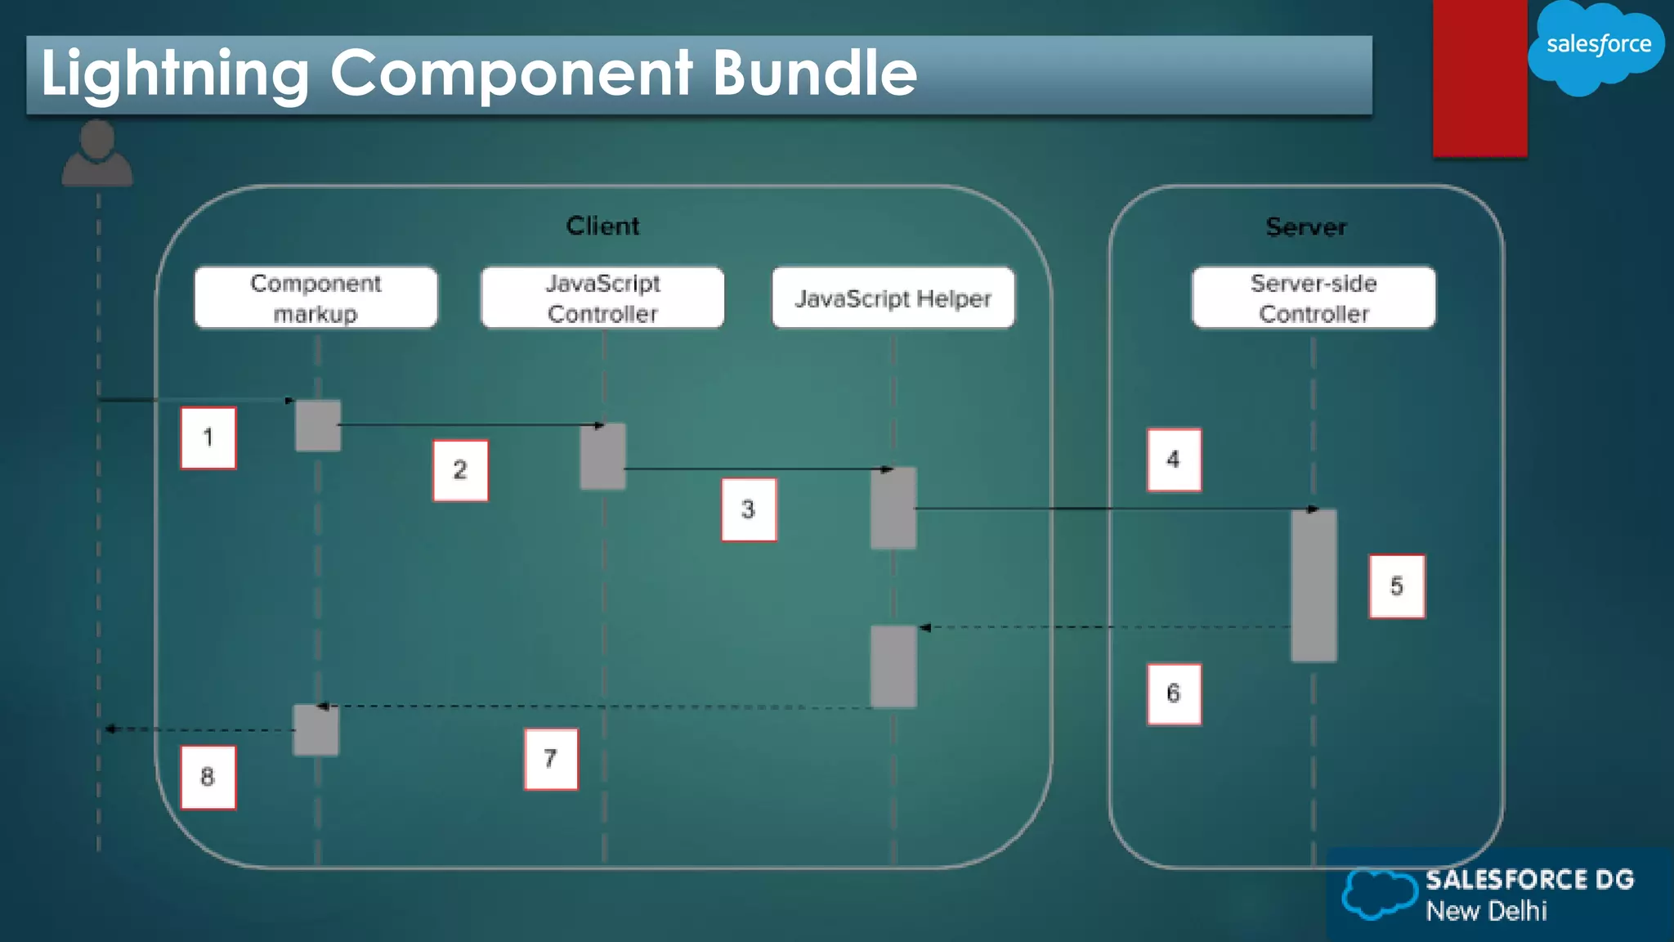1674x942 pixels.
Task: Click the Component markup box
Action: click(x=316, y=298)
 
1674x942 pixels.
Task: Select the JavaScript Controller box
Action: click(x=602, y=298)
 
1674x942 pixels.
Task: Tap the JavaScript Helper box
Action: click(x=893, y=298)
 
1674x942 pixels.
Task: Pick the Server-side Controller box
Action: click(x=1314, y=298)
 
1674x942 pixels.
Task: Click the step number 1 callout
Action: click(x=208, y=437)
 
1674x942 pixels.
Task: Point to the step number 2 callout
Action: click(x=460, y=470)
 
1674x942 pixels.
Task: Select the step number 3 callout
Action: click(x=749, y=509)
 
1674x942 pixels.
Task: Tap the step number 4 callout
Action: click(x=1174, y=460)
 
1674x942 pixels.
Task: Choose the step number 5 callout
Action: click(x=1397, y=586)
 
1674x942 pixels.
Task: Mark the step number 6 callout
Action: click(x=1174, y=693)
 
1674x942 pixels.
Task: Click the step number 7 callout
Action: click(x=551, y=759)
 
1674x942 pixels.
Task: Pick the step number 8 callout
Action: click(x=208, y=777)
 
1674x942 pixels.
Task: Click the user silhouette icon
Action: click(x=97, y=154)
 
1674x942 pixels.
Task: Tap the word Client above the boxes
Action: click(x=602, y=226)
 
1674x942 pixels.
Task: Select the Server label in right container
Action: click(x=1305, y=227)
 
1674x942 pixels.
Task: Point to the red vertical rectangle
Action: click(x=1479, y=78)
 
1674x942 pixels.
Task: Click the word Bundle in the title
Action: click(x=814, y=74)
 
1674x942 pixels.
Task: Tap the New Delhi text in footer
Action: click(x=1486, y=911)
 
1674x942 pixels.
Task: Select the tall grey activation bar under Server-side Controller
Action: click(x=1314, y=585)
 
